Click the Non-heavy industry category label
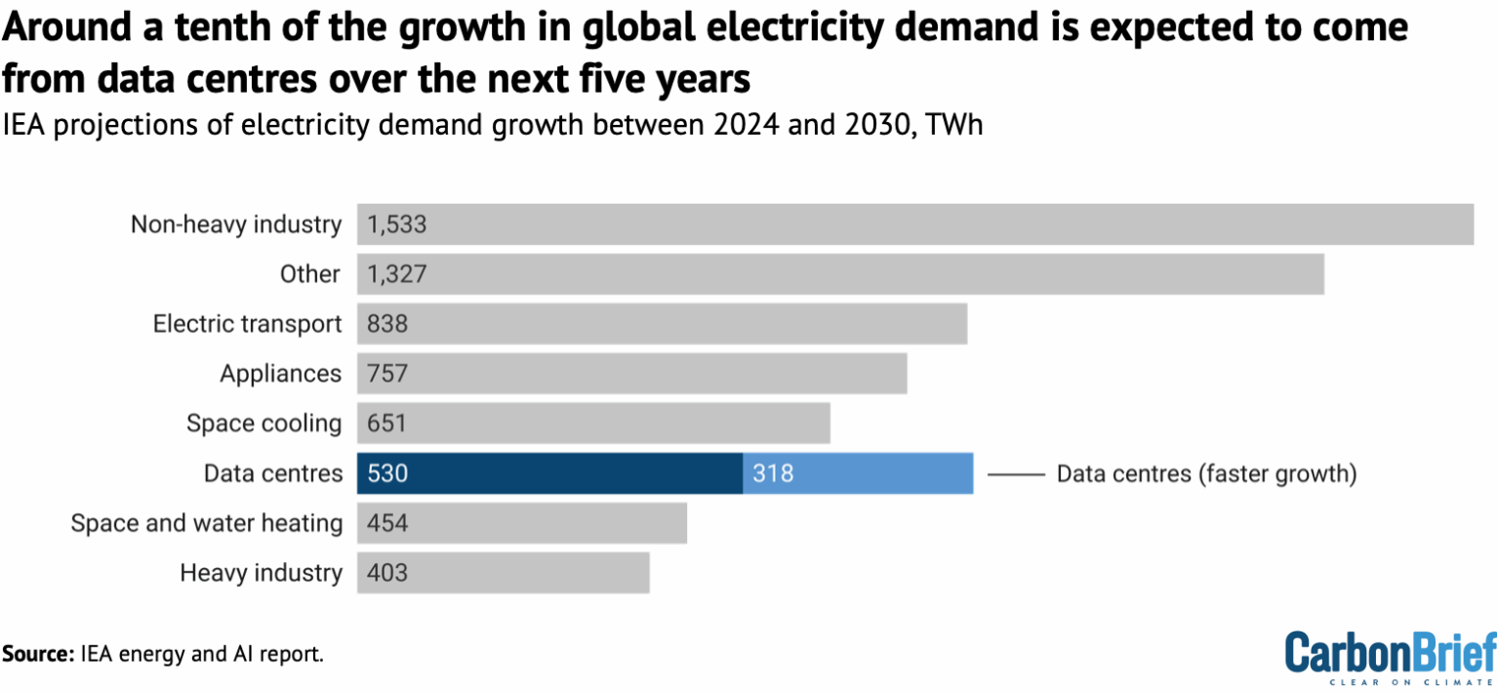tap(236, 225)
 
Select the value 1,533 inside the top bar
tap(397, 225)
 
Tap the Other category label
tap(309, 274)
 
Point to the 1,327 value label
tap(397, 274)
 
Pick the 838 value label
tap(387, 324)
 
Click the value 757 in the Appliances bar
tap(387, 374)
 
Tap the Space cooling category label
tap(263, 424)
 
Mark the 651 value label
tap(386, 424)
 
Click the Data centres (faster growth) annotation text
tap(1207, 474)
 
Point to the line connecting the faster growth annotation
tap(1016, 474)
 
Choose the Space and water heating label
tap(206, 523)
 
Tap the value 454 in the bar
tap(387, 523)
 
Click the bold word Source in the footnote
tap(35, 654)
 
